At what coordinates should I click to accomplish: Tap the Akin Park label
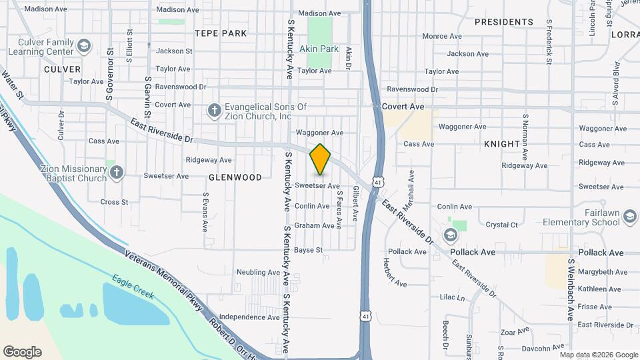[319, 49]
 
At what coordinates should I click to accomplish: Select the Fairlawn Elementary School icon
[451, 233]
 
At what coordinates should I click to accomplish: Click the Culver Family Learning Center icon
[83, 46]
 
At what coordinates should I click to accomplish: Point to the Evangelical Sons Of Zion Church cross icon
[214, 110]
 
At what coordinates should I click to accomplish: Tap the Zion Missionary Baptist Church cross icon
[117, 173]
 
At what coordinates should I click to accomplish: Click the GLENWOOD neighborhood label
[235, 177]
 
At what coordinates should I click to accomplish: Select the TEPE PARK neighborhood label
[221, 33]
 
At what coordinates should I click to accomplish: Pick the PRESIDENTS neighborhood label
[503, 22]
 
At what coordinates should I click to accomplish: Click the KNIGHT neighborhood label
[501, 144]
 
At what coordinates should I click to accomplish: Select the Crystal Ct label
[501, 225]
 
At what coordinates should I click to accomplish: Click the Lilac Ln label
[451, 297]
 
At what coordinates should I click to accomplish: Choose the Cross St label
[114, 202]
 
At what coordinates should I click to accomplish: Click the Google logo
[22, 352]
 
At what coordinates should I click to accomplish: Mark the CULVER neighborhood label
[62, 69]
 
